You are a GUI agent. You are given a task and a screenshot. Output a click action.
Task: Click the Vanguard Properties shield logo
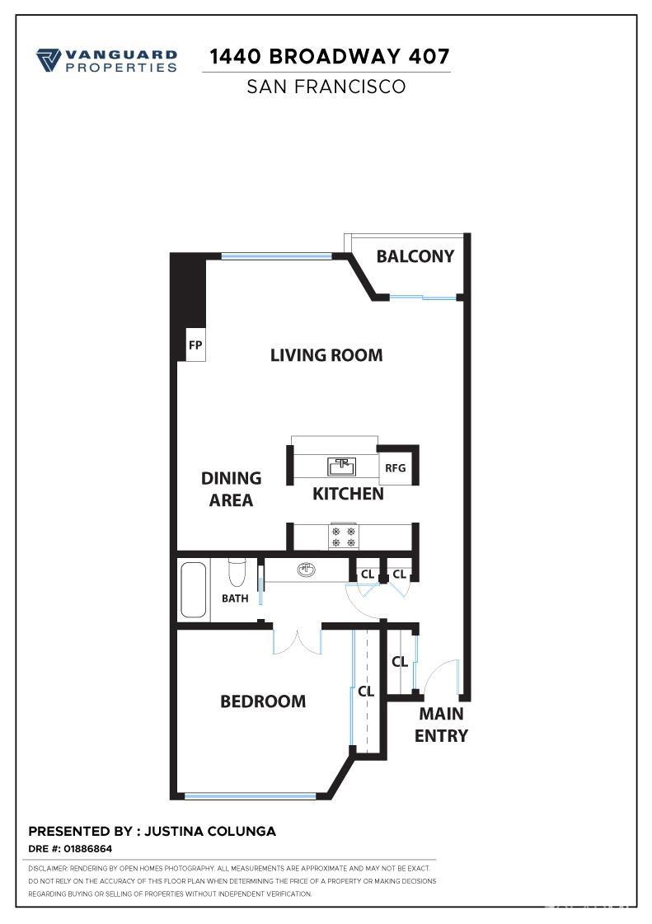[49, 60]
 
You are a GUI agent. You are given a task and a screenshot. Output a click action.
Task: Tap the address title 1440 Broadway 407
[330, 56]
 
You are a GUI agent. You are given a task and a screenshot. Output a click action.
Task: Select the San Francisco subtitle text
[326, 87]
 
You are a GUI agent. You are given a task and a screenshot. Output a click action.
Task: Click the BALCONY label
[415, 256]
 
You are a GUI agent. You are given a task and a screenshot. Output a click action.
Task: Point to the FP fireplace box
[195, 345]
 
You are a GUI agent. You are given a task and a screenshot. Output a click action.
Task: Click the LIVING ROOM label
[326, 355]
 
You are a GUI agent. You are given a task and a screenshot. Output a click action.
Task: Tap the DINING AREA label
[231, 489]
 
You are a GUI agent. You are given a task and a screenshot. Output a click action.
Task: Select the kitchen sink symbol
[341, 467]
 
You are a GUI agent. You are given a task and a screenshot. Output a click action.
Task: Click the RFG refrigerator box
[396, 468]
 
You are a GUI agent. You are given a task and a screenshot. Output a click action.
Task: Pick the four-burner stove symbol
[344, 537]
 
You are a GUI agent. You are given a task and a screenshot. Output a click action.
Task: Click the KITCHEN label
[348, 494]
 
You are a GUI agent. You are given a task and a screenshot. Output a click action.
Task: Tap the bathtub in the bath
[195, 589]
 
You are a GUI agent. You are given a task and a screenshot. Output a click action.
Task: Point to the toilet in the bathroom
[237, 571]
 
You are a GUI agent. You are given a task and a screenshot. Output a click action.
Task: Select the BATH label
[235, 598]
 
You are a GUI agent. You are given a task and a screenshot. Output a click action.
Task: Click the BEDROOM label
[263, 701]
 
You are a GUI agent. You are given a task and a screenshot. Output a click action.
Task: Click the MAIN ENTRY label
[441, 725]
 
